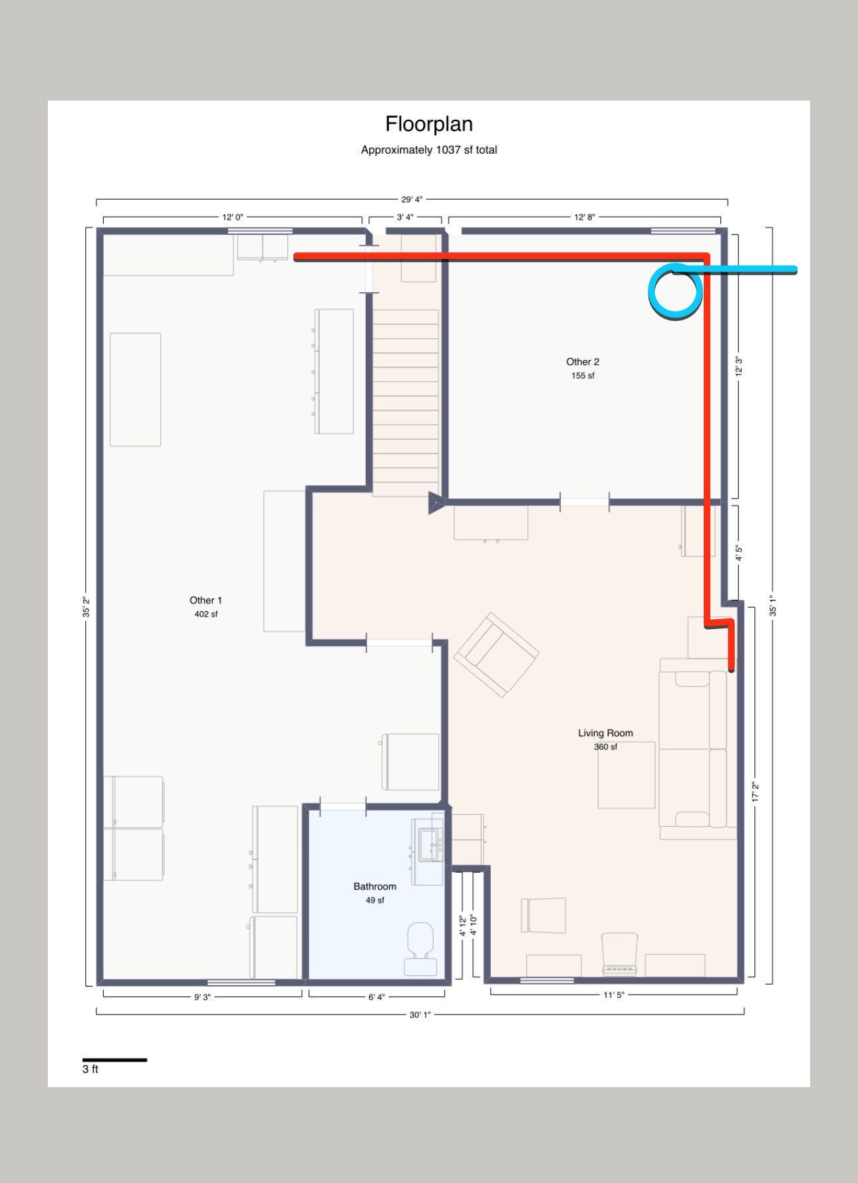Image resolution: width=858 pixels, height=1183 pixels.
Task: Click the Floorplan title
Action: pos(429,124)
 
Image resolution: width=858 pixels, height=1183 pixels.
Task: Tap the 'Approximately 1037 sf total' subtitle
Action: pos(429,150)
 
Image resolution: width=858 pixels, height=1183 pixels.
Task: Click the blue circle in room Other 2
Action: pos(675,292)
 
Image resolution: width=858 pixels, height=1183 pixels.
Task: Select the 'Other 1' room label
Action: pos(206,600)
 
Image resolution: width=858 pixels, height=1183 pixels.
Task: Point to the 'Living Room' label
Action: pos(605,733)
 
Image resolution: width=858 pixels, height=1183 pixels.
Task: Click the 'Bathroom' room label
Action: pos(374,887)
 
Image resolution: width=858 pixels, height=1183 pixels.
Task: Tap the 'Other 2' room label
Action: pos(583,362)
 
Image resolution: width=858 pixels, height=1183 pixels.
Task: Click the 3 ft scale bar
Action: pos(114,1060)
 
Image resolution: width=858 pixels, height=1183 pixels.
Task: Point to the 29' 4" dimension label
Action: pos(412,200)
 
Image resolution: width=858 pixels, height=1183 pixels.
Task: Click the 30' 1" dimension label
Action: pos(420,1015)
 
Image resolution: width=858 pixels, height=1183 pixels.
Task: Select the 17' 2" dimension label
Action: pos(756,792)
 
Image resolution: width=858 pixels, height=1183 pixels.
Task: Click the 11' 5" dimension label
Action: pos(613,995)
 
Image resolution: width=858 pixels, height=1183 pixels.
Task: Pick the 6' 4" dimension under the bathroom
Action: pos(376,997)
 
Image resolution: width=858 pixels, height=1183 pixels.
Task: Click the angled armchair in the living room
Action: pos(496,655)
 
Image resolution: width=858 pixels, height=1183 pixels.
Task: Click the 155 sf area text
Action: pos(583,375)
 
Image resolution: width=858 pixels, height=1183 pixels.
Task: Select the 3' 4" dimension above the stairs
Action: pos(405,217)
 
